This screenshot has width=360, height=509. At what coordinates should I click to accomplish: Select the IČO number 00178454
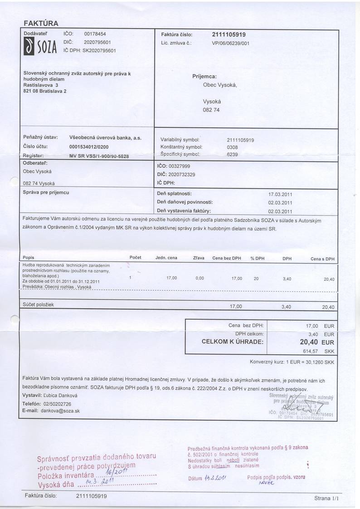(95, 34)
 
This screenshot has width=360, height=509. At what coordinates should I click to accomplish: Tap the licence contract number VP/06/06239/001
(230, 43)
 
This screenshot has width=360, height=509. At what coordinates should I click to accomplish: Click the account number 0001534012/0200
(88, 147)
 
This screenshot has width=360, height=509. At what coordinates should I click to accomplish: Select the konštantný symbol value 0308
(232, 147)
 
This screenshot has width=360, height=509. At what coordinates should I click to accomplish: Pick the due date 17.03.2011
(280, 194)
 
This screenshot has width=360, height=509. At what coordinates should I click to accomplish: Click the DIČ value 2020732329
(181, 175)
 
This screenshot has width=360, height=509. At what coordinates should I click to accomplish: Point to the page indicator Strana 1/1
(326, 498)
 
